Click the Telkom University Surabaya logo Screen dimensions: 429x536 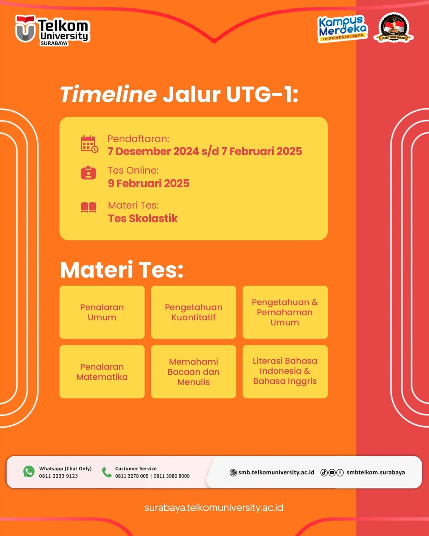pos(52,30)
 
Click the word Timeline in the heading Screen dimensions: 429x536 pos(108,94)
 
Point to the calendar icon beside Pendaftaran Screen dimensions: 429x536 pos(89,144)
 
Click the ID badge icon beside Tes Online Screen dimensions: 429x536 pos(88,173)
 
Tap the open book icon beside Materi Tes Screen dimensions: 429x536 pos(88,207)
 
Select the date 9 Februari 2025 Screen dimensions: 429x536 pos(149,183)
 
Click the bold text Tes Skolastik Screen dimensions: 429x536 pos(143,218)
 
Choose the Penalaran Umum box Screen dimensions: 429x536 pos(102,312)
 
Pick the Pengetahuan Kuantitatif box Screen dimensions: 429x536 pos(194,312)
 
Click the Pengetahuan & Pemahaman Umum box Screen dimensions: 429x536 pos(285,312)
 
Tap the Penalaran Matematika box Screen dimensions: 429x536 pos(102,372)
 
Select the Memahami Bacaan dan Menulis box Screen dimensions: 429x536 pos(194,372)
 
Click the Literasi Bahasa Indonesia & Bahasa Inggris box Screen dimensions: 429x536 pos(285,372)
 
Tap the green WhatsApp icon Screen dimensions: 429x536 pos(29,472)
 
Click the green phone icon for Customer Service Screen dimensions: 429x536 pos(107,472)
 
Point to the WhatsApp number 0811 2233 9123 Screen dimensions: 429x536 pos(58,476)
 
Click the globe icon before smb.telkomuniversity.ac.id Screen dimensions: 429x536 pos(233,473)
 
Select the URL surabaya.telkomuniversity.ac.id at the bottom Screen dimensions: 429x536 pos(214,508)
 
